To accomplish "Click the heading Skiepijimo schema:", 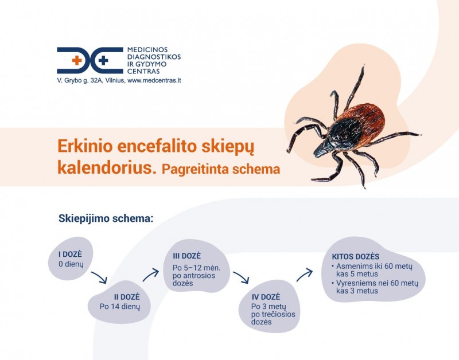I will click(x=106, y=219).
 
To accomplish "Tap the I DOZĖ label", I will click(x=71, y=253).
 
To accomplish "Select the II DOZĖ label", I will click(x=120, y=296).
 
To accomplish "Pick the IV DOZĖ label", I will click(x=266, y=297).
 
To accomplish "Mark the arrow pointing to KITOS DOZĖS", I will click(x=305, y=274).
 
